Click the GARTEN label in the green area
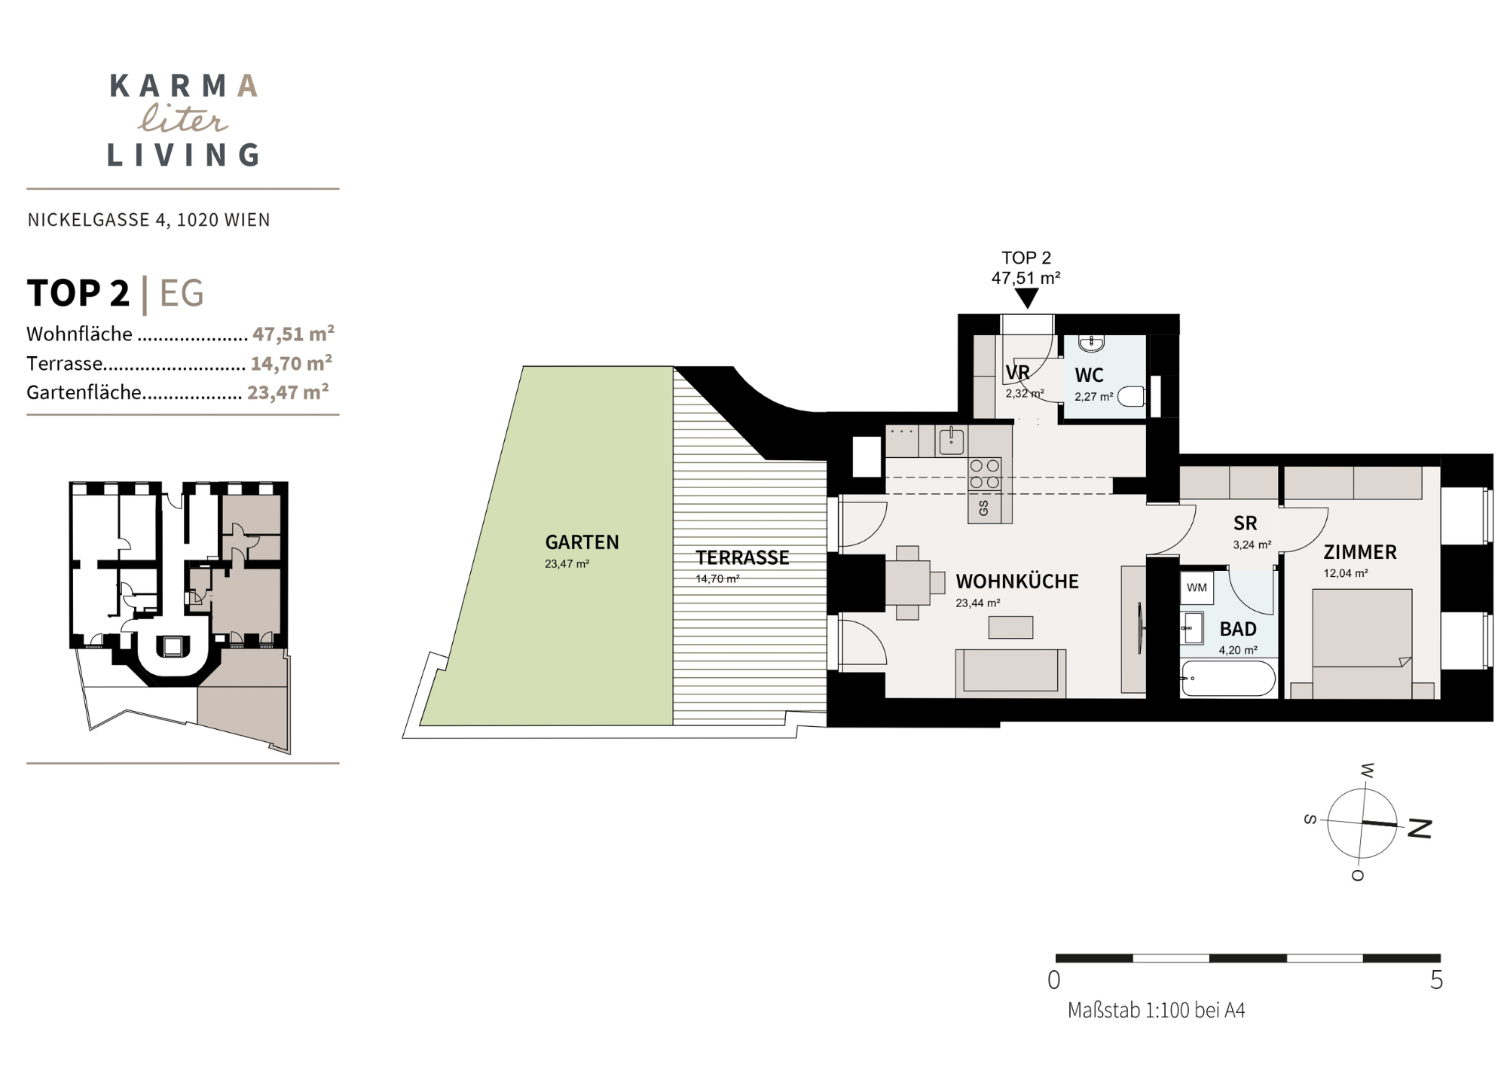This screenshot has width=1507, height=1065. tap(582, 542)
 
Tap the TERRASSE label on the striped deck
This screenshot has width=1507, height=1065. tap(742, 558)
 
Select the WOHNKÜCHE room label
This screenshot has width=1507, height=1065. tap(1017, 581)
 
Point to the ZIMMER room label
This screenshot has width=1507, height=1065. tap(1360, 552)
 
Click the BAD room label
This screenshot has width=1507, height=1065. tap(1238, 629)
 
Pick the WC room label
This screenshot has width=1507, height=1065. tap(1089, 375)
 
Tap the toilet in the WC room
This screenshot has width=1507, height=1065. tap(1131, 396)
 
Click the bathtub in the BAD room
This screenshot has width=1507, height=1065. tap(1228, 679)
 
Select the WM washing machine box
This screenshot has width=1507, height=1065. tap(1197, 587)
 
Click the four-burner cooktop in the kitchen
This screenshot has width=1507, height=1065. tap(985, 475)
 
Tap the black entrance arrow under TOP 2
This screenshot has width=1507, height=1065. tap(1026, 299)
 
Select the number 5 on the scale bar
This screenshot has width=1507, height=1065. tap(1436, 980)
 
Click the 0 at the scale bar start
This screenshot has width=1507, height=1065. tap(1054, 980)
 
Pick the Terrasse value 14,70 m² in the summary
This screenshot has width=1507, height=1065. tap(291, 363)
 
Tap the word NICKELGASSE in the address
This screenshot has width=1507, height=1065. tap(89, 220)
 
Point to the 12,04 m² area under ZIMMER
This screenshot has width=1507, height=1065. tap(1345, 573)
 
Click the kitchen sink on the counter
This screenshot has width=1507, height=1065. tap(951, 441)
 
